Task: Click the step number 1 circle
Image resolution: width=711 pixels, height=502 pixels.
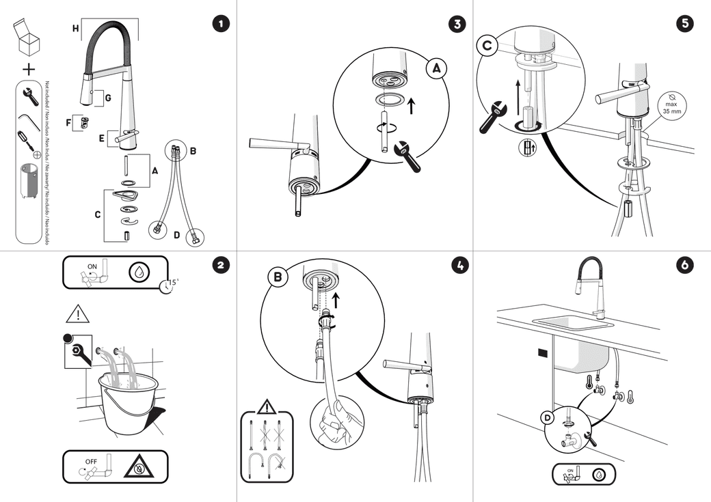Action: (x=220, y=24)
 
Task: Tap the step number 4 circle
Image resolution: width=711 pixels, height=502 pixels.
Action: (x=457, y=266)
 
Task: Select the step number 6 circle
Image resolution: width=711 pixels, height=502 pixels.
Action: (x=684, y=266)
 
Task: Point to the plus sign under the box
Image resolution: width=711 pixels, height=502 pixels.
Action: (x=28, y=68)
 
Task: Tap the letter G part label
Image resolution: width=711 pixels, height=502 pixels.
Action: (x=107, y=98)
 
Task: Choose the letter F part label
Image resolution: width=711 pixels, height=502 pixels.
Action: (x=68, y=123)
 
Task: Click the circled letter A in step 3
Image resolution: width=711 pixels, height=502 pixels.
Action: (x=437, y=68)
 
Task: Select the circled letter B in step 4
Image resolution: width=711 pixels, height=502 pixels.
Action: (x=278, y=277)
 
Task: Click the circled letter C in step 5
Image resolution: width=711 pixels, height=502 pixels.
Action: (x=487, y=46)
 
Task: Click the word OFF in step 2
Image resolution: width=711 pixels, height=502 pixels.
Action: (x=91, y=461)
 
